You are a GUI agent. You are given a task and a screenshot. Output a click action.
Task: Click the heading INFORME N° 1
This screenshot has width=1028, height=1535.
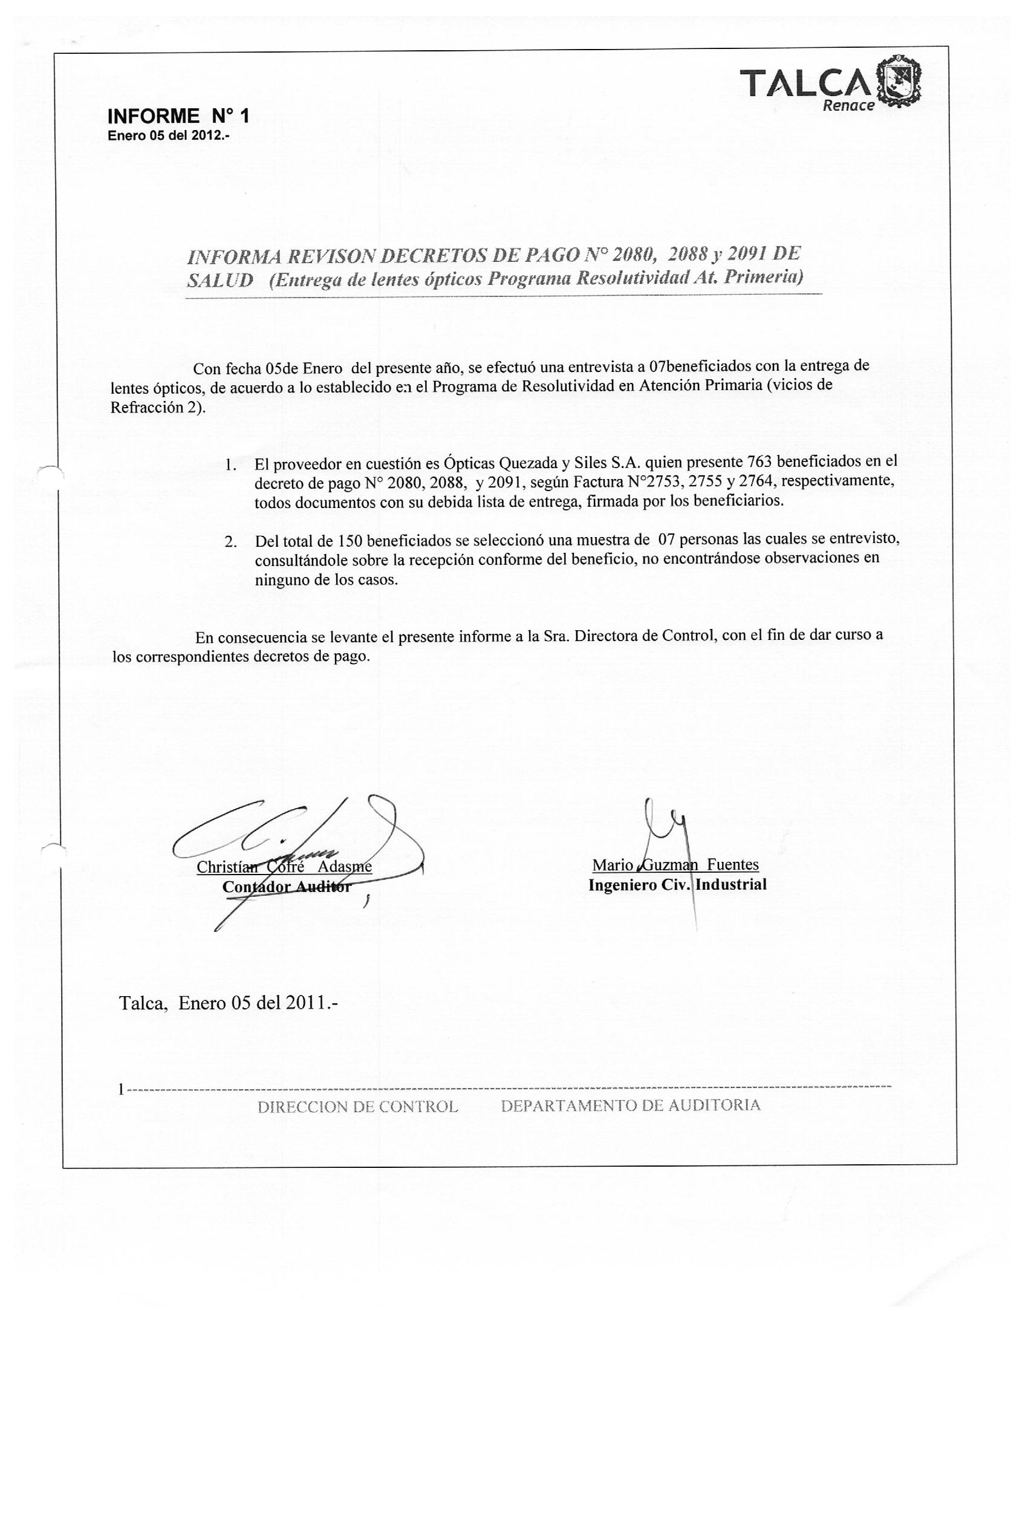click(x=178, y=117)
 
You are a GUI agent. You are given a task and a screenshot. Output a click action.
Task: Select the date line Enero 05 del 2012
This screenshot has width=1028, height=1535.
click(x=169, y=137)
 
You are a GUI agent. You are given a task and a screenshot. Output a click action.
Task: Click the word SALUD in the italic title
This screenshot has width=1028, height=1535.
click(x=220, y=280)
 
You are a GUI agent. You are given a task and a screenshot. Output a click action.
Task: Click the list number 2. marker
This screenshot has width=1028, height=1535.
click(x=230, y=542)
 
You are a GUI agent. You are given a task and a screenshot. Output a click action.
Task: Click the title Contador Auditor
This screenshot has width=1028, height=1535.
click(x=287, y=887)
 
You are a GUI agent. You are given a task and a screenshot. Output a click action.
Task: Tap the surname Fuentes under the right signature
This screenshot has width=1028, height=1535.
click(x=733, y=864)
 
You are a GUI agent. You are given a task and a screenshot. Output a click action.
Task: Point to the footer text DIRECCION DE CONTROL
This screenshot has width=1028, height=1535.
click(x=358, y=1106)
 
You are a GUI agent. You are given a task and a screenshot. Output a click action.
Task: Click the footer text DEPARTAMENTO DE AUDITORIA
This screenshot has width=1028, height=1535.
click(x=630, y=1106)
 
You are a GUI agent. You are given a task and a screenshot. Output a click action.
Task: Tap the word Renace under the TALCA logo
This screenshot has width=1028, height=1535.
click(x=848, y=106)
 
